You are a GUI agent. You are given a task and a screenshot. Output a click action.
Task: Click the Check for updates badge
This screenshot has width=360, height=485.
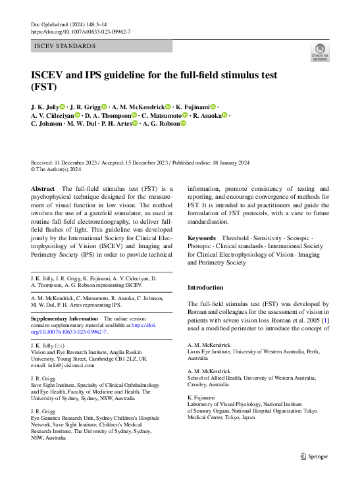[320, 52]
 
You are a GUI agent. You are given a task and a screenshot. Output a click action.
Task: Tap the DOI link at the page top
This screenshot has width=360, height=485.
[80, 32]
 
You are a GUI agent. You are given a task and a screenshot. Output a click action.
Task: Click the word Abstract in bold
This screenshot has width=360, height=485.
[43, 188]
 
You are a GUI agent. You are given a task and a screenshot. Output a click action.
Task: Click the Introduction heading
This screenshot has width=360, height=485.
[205, 288]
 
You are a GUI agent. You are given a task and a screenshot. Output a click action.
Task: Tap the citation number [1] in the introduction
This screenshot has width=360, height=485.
[324, 320]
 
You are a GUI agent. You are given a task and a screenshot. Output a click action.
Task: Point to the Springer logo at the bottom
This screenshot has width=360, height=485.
[314, 456]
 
